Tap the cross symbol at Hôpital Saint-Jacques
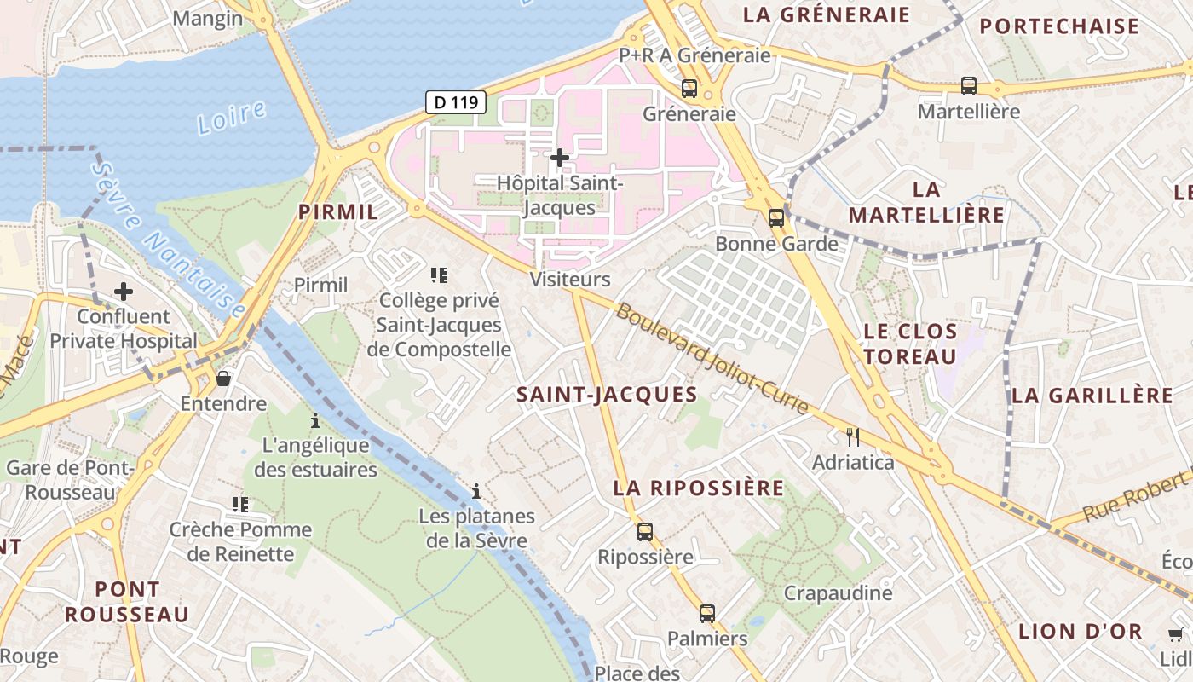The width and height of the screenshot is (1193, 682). pos(560,158)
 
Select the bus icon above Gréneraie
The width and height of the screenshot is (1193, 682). pos(689,88)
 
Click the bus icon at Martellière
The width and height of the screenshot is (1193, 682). pos(969,85)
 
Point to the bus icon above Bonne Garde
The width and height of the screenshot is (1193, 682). pos(775,217)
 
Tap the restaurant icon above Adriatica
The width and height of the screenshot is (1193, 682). pos(853,437)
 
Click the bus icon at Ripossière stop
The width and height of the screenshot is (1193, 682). pos(645,532)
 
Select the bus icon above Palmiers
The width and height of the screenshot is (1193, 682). pos(707,613)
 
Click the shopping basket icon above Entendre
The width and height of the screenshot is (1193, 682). pos(223,378)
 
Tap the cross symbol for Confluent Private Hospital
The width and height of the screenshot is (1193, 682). pos(124,292)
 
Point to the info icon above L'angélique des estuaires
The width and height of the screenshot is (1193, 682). pos(315,420)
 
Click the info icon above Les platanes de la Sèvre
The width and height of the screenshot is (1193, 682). pos(476,491)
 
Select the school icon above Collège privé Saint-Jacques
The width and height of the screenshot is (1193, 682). pos(439,275)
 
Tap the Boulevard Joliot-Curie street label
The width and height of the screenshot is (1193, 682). pos(712,359)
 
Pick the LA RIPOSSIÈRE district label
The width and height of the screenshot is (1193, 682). pos(699,488)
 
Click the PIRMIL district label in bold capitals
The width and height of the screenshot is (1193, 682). pos(337,212)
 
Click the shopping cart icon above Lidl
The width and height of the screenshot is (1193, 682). pos(1176,634)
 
